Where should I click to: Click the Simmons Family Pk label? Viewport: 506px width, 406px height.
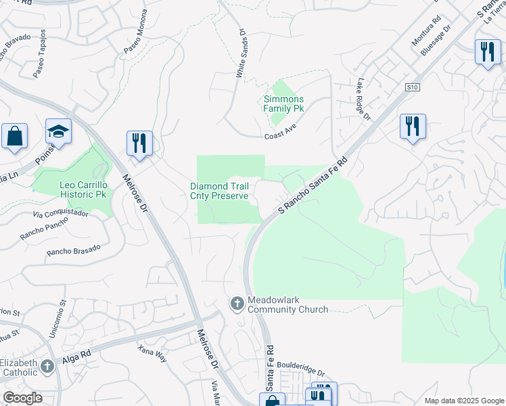283,104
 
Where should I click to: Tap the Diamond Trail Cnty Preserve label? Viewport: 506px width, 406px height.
223,191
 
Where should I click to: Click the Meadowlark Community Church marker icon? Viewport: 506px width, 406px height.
237,304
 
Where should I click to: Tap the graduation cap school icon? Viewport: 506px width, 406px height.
59,132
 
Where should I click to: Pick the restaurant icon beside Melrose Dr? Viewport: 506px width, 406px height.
139,143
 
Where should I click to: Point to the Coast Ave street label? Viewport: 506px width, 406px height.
281,135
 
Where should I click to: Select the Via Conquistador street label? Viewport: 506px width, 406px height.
60,214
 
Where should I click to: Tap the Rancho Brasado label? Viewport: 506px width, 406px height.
74,250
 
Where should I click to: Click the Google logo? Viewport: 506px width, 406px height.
22,398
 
